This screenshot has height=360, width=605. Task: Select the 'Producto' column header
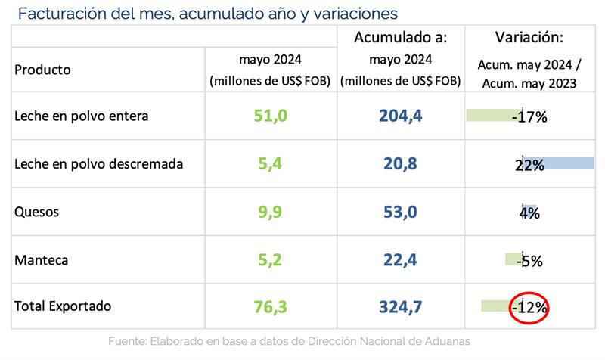[42, 70]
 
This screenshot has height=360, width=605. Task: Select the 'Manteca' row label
[42, 259]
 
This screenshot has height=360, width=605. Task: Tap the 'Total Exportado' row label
[63, 306]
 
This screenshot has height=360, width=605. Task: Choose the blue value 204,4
[401, 116]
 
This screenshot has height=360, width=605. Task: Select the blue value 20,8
[401, 164]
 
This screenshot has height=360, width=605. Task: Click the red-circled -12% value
[529, 308]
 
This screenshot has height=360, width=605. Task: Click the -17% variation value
[529, 117]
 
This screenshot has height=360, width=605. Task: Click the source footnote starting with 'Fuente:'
[289, 341]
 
